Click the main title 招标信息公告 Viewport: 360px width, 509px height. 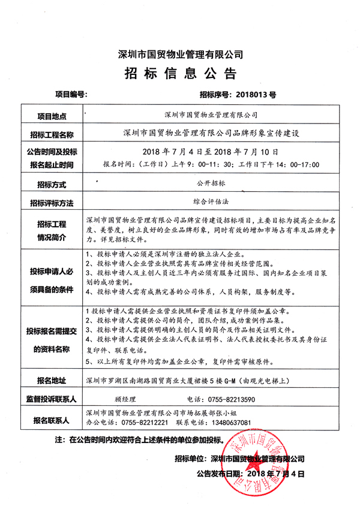[181, 73]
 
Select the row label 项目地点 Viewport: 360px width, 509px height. [52, 115]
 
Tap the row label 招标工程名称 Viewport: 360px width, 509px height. [52, 133]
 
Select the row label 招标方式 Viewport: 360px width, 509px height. [52, 183]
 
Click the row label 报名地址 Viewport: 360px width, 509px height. [52, 380]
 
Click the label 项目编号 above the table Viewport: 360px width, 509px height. [71, 94]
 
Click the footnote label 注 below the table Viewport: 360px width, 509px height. [59, 439]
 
